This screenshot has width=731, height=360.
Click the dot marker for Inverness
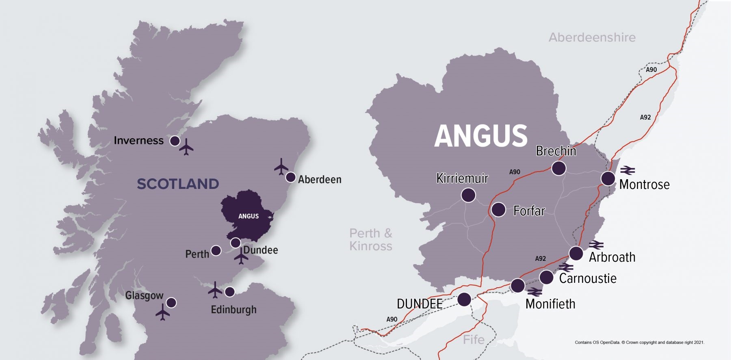click(175, 141)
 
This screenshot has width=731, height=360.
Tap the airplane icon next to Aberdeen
click(281, 167)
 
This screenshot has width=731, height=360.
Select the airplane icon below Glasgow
click(162, 313)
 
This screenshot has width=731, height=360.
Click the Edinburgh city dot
click(229, 292)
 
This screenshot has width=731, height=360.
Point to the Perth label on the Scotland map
click(197, 254)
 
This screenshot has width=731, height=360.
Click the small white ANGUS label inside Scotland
click(249, 216)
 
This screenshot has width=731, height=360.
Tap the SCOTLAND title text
click(178, 184)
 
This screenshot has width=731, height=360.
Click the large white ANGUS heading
click(481, 136)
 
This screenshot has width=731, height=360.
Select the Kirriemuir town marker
click(468, 195)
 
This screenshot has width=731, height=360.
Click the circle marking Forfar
click(498, 210)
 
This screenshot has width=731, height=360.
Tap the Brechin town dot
click(558, 168)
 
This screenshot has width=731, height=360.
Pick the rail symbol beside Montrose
click(627, 170)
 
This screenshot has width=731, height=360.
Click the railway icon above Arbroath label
click(596, 245)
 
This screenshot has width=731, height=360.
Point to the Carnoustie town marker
click(546, 278)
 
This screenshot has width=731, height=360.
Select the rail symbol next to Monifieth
click(534, 292)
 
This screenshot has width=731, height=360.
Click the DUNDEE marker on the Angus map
click(464, 299)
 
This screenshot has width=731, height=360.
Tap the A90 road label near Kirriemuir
click(515, 172)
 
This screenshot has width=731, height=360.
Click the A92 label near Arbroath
click(540, 258)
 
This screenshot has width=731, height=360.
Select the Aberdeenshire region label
click(592, 37)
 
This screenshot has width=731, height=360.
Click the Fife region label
click(474, 339)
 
